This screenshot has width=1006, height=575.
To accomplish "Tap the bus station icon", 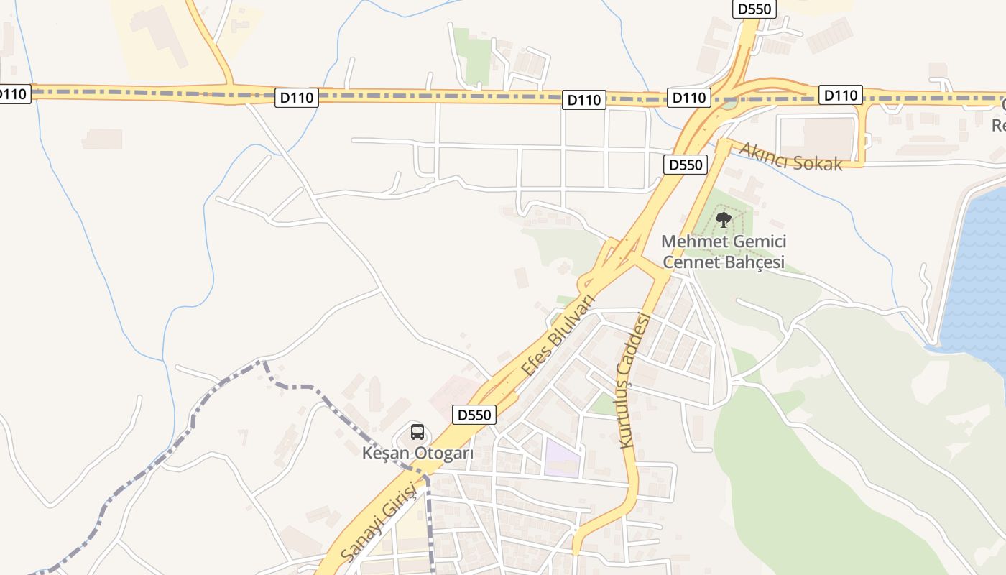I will pos(417,432).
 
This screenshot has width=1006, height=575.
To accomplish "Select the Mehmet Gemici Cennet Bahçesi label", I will pos(724,252).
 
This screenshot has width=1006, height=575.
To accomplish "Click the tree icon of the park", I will pos(724,219).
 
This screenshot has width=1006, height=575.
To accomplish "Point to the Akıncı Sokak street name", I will pos(790,157).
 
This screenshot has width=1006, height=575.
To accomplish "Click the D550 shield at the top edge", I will pos(754,9).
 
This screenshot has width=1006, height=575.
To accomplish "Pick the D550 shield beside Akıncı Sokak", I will pos(685,165).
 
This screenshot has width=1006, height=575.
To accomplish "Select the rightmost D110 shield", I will pos(840,95).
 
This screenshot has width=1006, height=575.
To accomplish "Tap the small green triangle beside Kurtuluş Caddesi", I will pos(602,405).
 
